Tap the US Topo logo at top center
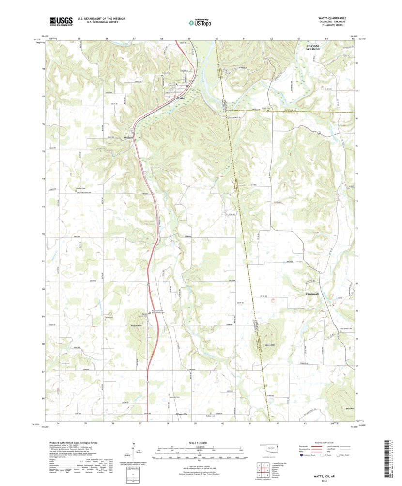pyautogui.click(x=200, y=22)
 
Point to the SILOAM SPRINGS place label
pyautogui.click(x=316, y=47)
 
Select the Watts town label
pyautogui.click(x=181, y=98)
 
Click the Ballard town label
pyautogui.click(x=128, y=138)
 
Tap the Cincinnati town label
pyautogui.click(x=315, y=294)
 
